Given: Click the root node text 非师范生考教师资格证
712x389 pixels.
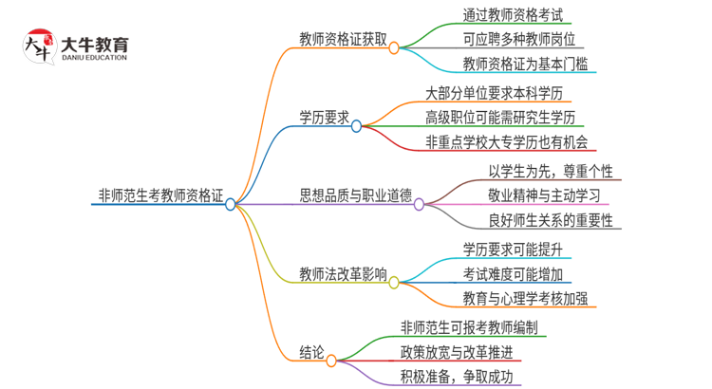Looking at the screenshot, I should (160, 196).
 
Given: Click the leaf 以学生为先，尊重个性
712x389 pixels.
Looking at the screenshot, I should (554, 172).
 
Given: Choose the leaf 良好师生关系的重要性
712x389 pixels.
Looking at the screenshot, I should (550, 221).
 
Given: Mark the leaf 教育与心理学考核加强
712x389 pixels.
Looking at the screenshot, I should (525, 299).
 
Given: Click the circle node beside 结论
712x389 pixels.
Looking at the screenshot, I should (331, 361).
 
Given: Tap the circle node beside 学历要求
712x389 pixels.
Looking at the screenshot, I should (357, 125).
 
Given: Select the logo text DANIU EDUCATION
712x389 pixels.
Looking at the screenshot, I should (94, 57).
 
